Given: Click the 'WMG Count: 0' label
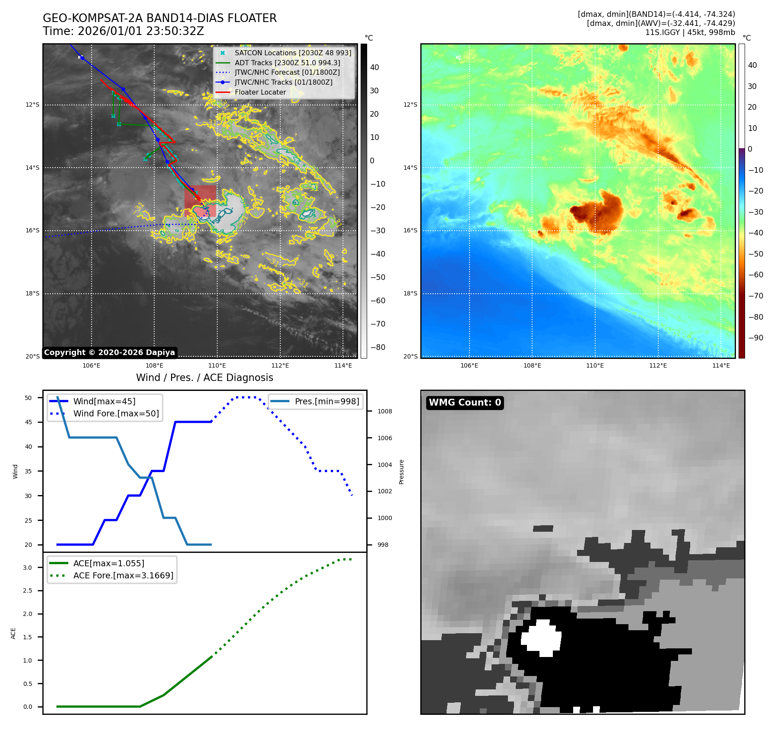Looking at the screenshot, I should pyautogui.click(x=465, y=403).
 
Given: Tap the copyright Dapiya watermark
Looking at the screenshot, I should pyautogui.click(x=109, y=352).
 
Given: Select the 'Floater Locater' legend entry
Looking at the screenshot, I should pyautogui.click(x=260, y=92).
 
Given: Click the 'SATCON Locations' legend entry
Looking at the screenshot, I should pyautogui.click(x=292, y=53).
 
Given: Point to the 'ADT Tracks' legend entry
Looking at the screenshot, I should pyautogui.click(x=287, y=63).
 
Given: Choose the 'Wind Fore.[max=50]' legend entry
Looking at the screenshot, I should pyautogui.click(x=116, y=413).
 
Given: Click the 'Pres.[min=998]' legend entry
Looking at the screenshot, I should pyautogui.click(x=327, y=401).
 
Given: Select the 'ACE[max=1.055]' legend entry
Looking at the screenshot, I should pyautogui.click(x=108, y=563).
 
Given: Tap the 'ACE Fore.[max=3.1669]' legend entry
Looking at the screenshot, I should pyautogui.click(x=123, y=575).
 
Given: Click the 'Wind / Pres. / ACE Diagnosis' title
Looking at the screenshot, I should pyautogui.click(x=204, y=378).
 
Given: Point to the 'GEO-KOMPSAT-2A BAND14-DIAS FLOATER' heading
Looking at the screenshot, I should pyautogui.click(x=159, y=18).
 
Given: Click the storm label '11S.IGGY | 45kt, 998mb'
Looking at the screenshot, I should pyautogui.click(x=690, y=32).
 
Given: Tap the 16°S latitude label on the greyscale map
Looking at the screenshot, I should pyautogui.click(x=32, y=231).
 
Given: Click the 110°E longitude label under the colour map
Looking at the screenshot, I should pyautogui.click(x=595, y=365).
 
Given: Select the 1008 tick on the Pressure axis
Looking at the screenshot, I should pyautogui.click(x=384, y=411).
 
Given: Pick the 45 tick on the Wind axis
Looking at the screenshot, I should pyautogui.click(x=29, y=422).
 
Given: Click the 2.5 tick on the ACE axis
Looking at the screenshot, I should pyautogui.click(x=27, y=590).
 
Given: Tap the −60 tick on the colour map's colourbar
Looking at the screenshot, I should pyautogui.click(x=755, y=275).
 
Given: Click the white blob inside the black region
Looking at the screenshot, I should pyautogui.click(x=541, y=638).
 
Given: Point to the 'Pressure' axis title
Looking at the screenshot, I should pyautogui.click(x=401, y=472).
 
